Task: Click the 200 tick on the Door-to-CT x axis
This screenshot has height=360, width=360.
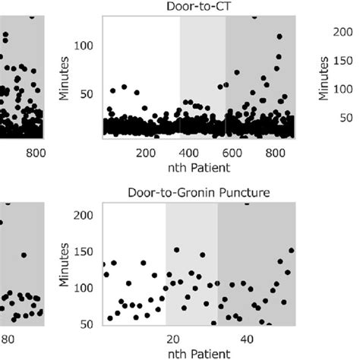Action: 146,153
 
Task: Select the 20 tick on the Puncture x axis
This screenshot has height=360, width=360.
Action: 172,338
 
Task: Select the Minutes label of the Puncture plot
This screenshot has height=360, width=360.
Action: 65,267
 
